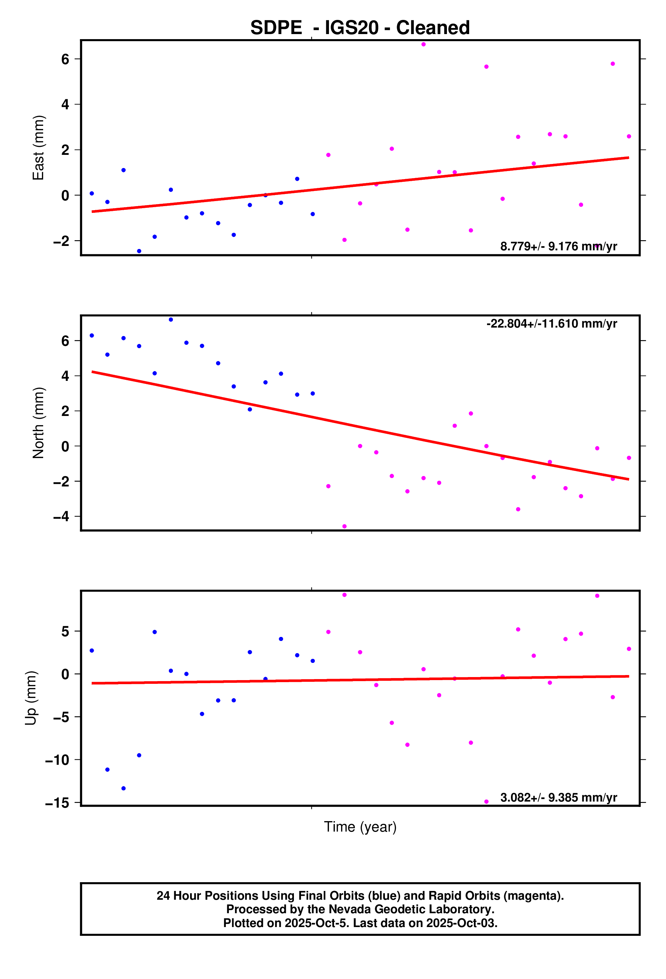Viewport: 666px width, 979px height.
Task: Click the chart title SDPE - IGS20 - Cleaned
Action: coord(360,28)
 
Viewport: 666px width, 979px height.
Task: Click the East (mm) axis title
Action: coord(38,147)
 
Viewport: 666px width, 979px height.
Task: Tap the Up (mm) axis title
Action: coord(31,698)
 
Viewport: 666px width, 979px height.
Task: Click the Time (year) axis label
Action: coord(360,827)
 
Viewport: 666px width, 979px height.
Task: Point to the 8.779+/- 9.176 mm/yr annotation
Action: coord(558,246)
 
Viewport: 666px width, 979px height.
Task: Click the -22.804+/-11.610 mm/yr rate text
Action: coord(551,324)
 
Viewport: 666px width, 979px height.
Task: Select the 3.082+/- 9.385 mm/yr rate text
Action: coord(558,798)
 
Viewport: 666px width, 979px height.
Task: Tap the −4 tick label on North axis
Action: coord(61,516)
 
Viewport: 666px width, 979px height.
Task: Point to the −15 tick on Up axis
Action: coord(57,803)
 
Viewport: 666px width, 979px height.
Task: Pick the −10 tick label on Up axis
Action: coord(57,760)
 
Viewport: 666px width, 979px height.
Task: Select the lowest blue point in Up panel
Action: coord(123,788)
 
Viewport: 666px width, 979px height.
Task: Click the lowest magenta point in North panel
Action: coord(344,527)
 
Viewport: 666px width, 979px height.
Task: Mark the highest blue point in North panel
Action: coord(171,320)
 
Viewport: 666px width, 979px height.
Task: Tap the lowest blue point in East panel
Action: coord(139,251)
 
